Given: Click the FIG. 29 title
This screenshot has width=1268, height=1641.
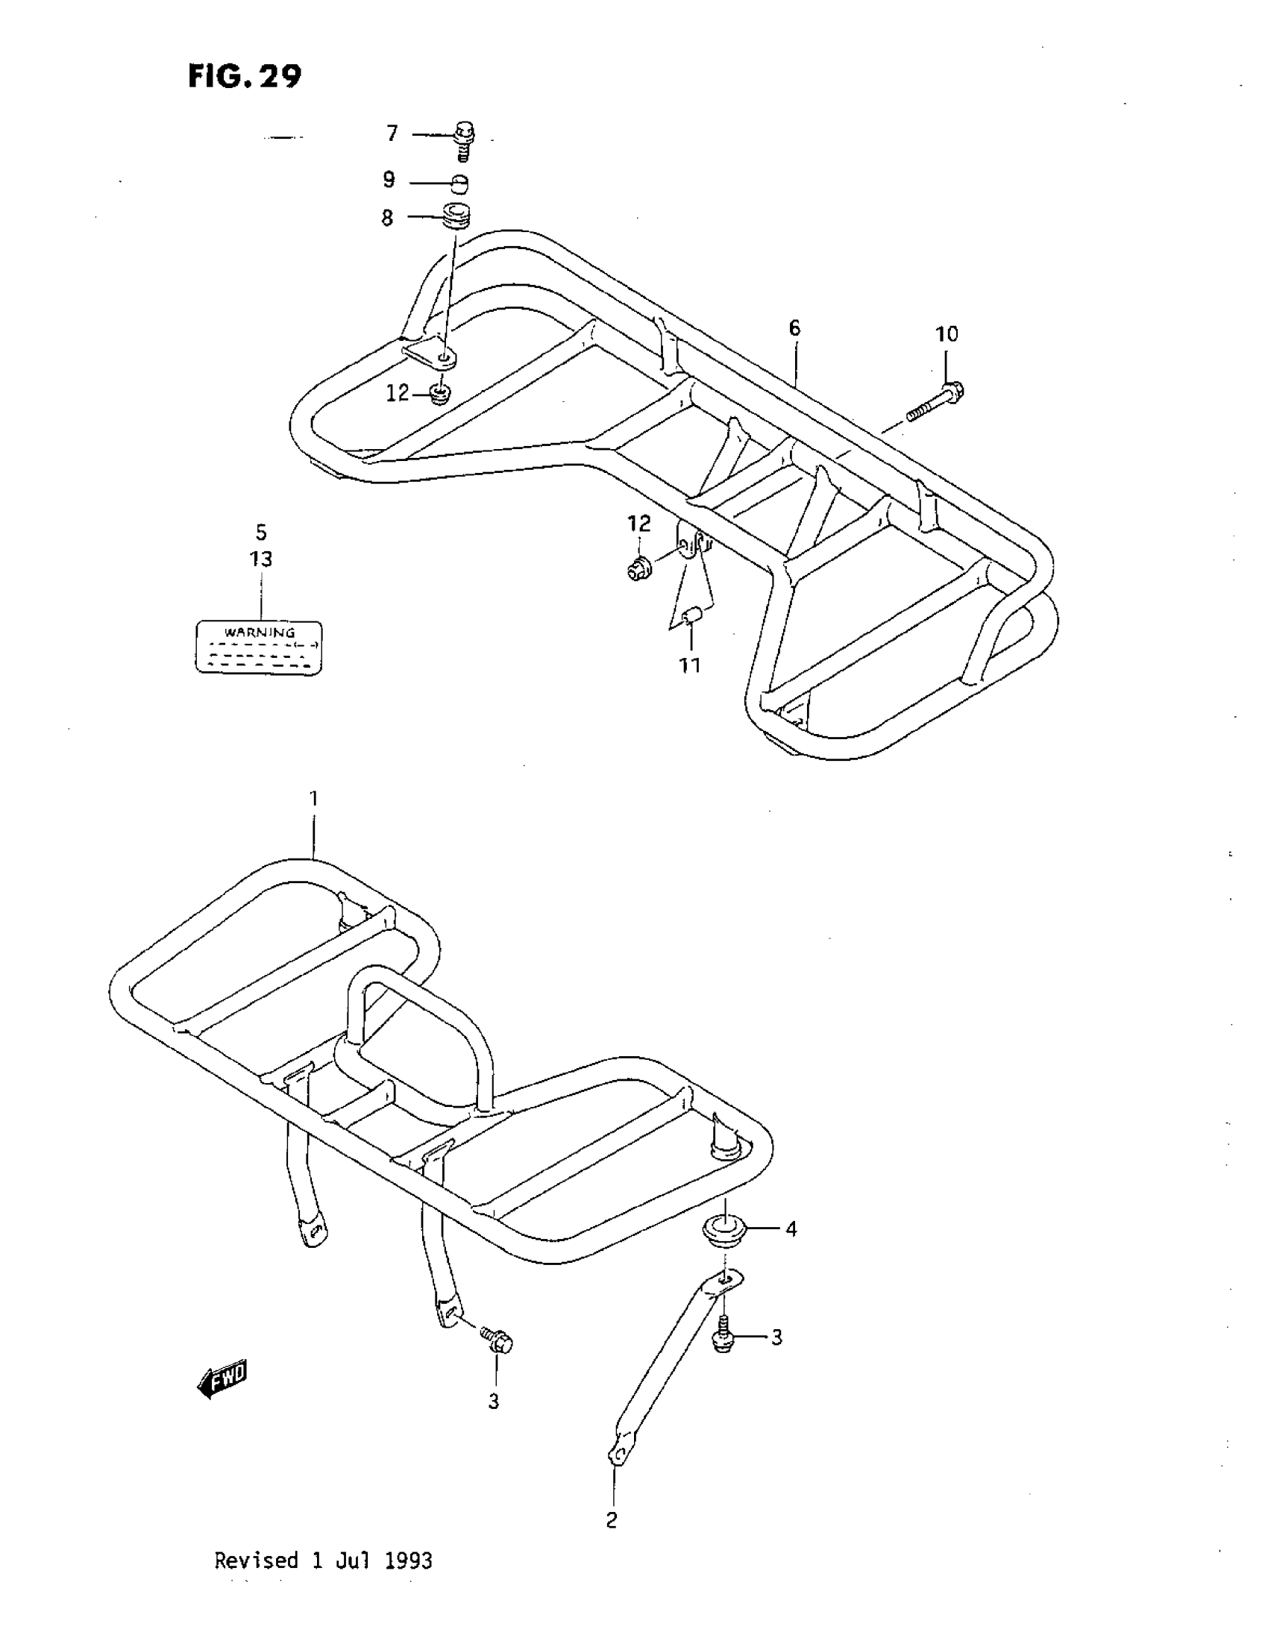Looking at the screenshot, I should tap(244, 75).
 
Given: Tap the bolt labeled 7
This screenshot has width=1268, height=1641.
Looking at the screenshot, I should tap(464, 139).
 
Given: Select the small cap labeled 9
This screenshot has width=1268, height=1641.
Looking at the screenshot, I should tap(460, 183).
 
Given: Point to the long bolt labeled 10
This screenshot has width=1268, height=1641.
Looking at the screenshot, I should tap(935, 402).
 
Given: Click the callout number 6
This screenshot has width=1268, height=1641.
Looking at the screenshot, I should tap(795, 328).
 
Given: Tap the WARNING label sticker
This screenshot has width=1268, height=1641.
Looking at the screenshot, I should tap(259, 647).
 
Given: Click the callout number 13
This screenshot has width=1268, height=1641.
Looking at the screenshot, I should tap(260, 559).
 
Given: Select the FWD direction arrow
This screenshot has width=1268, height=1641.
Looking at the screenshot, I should tap(222, 1380).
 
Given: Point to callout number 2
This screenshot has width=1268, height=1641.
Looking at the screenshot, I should tap(612, 1521).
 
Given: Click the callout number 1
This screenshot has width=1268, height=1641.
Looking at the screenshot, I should tap(314, 799).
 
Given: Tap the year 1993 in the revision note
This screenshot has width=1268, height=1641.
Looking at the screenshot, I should tap(408, 1561).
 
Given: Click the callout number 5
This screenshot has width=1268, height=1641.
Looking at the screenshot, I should tap(260, 533).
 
